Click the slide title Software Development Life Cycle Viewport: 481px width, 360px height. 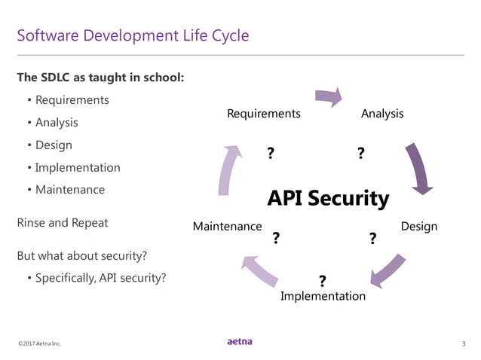(133, 35)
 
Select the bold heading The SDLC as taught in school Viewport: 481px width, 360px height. (100, 78)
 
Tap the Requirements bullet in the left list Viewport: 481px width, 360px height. (72, 100)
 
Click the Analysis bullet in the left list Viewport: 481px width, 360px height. (57, 122)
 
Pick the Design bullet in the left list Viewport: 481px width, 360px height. (54, 145)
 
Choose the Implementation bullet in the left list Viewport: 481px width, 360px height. (78, 167)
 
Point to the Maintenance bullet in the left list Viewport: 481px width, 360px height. (70, 190)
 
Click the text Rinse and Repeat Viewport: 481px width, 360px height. (62, 223)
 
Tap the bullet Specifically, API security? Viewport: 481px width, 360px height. (100, 278)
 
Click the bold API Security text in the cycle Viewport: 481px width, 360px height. (328, 198)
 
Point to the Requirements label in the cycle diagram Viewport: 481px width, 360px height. (264, 114)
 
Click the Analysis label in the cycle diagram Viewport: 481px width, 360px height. (382, 114)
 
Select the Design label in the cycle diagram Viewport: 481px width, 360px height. (418, 226)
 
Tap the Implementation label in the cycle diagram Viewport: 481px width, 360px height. (323, 296)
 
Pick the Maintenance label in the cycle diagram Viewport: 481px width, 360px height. (227, 226)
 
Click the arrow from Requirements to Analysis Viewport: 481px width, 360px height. (328, 96)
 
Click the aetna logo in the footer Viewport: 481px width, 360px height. (240, 343)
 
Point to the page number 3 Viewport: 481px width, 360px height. (463, 344)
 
